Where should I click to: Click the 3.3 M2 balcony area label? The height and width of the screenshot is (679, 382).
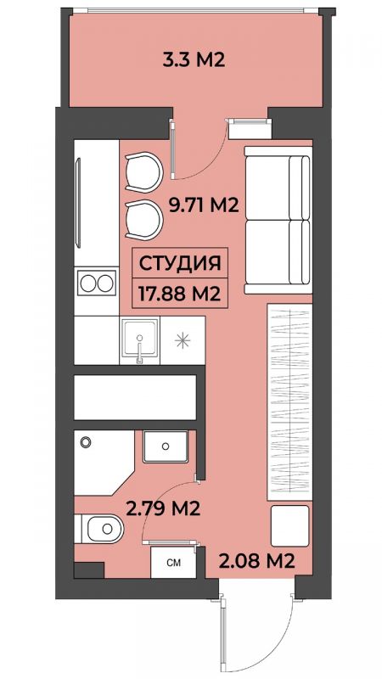click(x=194, y=59)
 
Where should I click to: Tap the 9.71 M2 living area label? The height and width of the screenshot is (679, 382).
click(x=204, y=205)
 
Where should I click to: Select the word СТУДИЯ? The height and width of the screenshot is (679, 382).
click(x=180, y=263)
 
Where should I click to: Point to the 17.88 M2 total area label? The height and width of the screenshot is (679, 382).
click(x=180, y=294)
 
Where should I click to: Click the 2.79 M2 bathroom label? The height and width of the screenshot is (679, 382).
click(x=163, y=508)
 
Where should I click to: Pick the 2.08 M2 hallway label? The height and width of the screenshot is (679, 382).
click(x=257, y=561)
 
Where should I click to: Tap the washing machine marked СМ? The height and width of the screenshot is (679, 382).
click(x=173, y=563)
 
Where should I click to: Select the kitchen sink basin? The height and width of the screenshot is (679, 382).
click(x=139, y=340)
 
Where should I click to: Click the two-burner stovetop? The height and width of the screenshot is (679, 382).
click(x=96, y=283)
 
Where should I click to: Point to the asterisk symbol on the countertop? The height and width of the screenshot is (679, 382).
click(x=183, y=340)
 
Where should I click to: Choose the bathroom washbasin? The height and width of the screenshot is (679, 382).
click(x=166, y=446)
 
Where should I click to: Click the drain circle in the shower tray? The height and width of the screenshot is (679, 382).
click(x=86, y=442)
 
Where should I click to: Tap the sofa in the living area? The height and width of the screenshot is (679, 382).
click(x=278, y=220)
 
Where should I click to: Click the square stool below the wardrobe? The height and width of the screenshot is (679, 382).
click(x=289, y=525)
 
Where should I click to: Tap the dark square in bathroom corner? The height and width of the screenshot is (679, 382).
click(x=89, y=570)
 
